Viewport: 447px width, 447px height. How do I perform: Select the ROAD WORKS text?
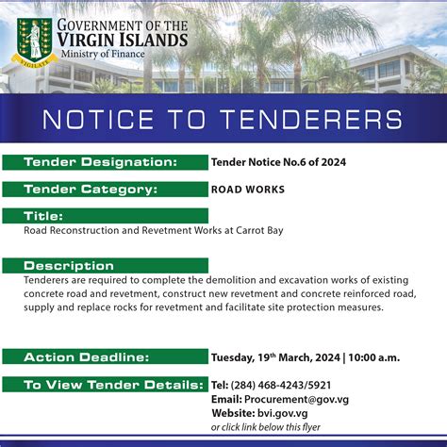248,189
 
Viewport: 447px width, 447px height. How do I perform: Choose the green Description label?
69,266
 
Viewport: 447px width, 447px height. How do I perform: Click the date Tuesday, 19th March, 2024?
275,357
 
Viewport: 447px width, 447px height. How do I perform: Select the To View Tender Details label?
112,385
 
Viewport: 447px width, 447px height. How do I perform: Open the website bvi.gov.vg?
282,413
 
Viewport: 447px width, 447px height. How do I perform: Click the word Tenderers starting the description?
52,280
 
